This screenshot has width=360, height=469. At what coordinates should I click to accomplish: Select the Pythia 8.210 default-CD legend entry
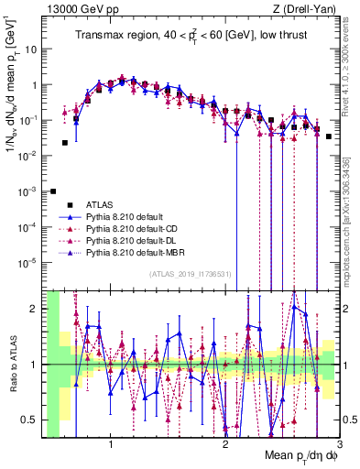(x=133, y=227)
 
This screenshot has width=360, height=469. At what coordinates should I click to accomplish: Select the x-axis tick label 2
(x=225, y=444)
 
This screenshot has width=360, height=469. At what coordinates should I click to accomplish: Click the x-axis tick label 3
(x=339, y=444)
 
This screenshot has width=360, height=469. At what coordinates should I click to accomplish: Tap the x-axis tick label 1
(x=111, y=444)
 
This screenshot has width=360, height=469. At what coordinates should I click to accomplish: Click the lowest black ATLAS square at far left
(x=53, y=191)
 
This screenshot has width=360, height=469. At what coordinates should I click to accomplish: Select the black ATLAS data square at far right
(x=328, y=136)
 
